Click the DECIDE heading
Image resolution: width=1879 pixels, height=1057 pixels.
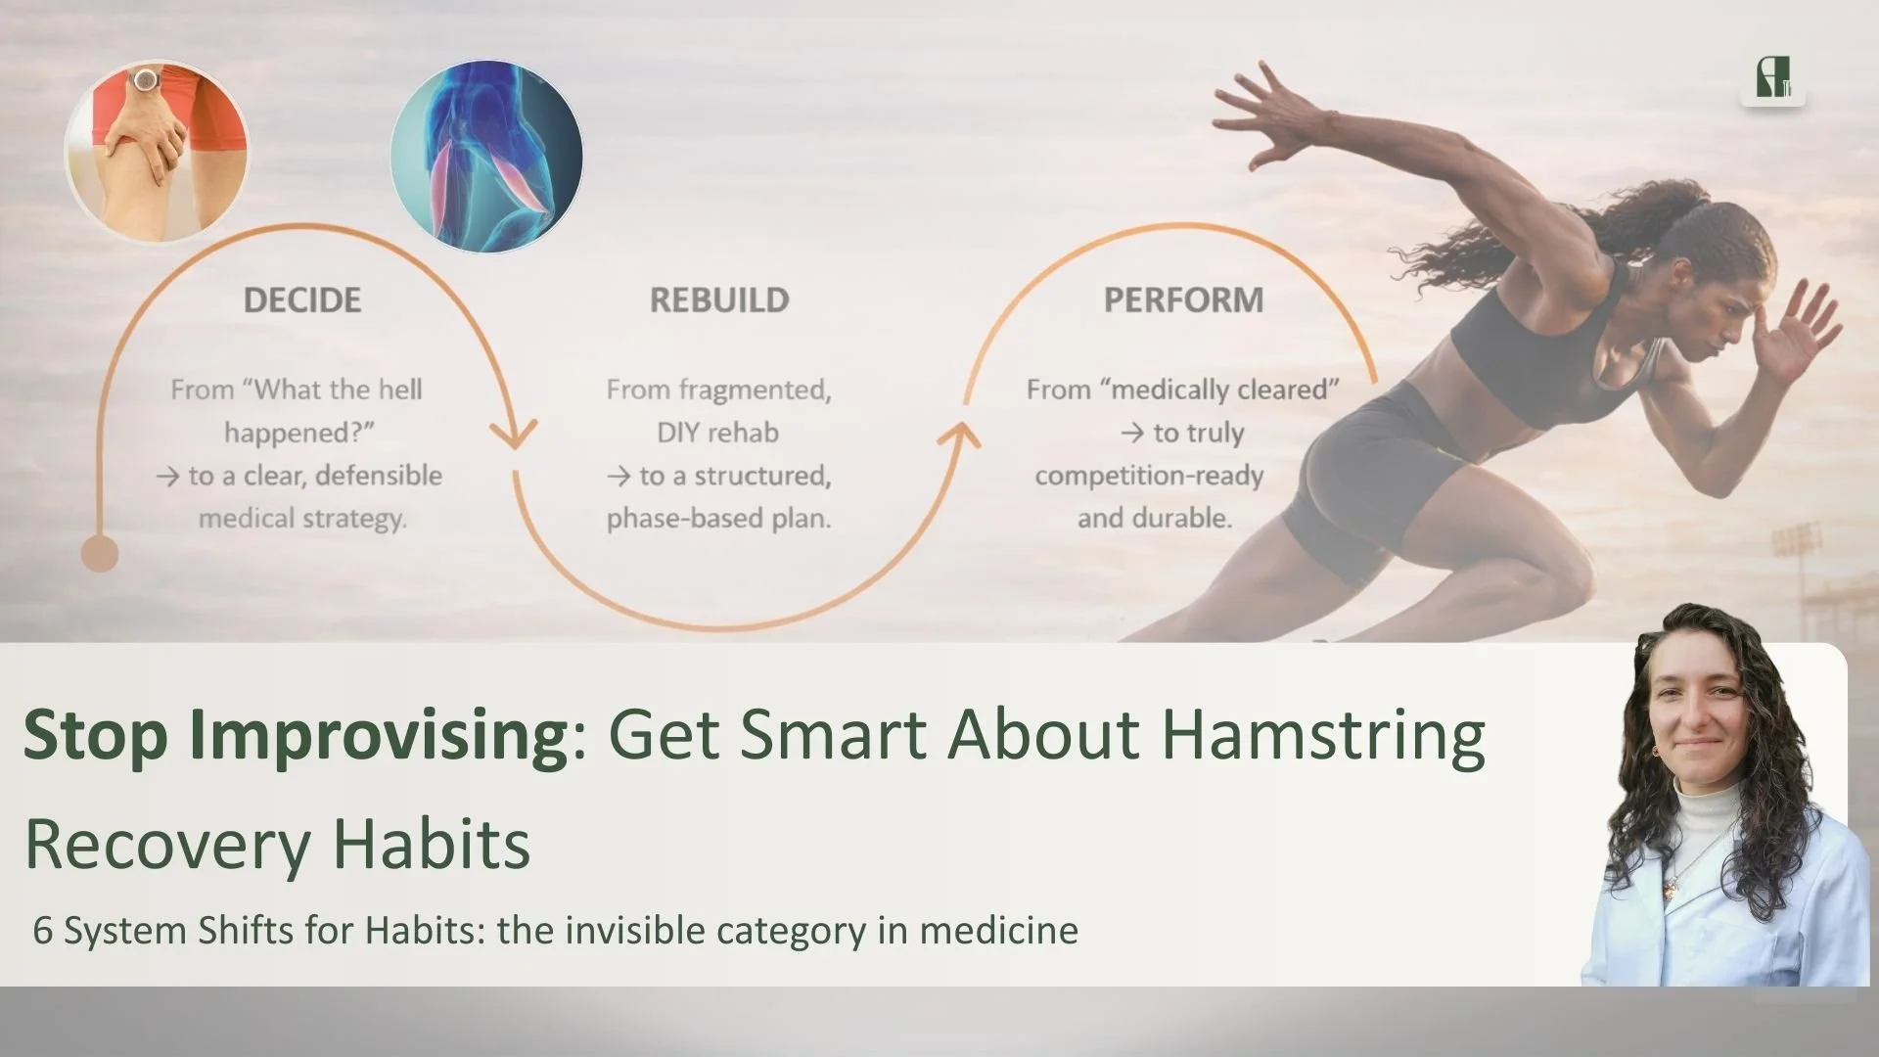pos(301,299)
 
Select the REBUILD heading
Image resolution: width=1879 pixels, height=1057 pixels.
pos(719,299)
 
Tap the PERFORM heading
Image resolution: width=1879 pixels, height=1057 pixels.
pos(1183,299)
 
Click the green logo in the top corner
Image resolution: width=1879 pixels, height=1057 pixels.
pos(1772,78)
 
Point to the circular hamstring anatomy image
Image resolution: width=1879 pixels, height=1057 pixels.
pos(486,156)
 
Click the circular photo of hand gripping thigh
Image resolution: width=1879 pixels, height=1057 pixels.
pos(157,152)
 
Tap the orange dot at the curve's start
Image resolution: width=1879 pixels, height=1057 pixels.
pos(99,554)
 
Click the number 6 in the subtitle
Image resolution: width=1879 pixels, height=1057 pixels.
pos(42,930)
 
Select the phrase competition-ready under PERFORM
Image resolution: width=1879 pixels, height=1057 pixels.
pos(1149,476)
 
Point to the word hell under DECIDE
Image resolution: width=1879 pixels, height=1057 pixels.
pos(399,390)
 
